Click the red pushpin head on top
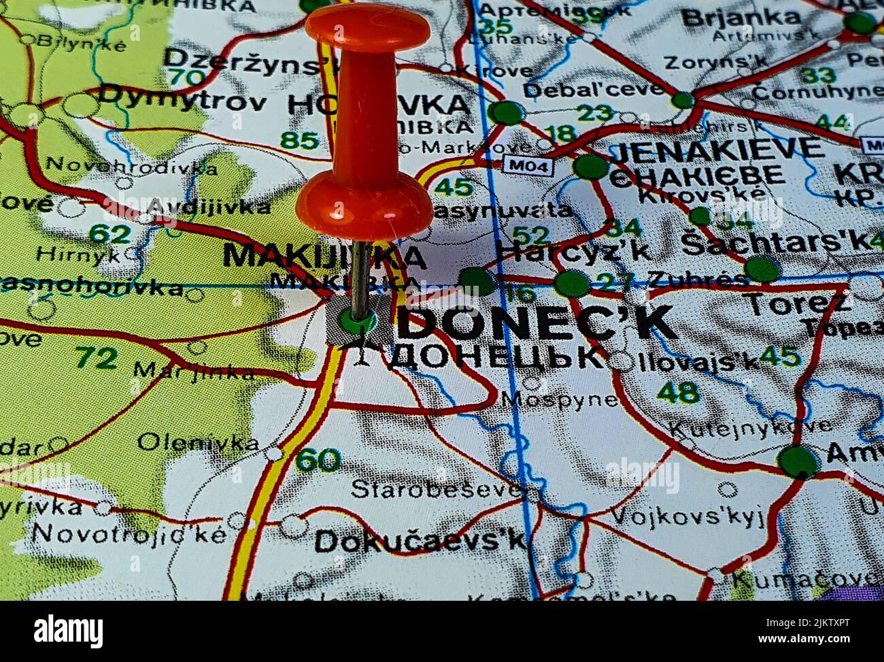pyautogui.click(x=367, y=29)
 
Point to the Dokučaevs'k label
pyautogui.click(x=420, y=542)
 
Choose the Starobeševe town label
pyautogui.click(x=435, y=489)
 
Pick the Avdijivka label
pyautogui.click(x=207, y=207)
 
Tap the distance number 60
pyautogui.click(x=318, y=461)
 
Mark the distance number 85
pyautogui.click(x=299, y=141)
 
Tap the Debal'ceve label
pyautogui.click(x=592, y=90)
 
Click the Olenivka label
pyautogui.click(x=198, y=442)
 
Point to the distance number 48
pyautogui.click(x=678, y=392)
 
